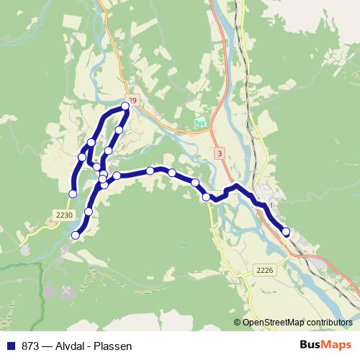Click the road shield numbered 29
pos(132,99)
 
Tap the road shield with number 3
pos(219,153)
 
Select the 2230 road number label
pos(64,214)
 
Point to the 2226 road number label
pos(264,270)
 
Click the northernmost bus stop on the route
pos(125,107)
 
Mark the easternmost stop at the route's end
pos(286,232)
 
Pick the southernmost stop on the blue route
pos(76,235)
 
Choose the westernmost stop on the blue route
pos(72,193)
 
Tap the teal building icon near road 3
pos(199,125)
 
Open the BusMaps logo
pos(325,345)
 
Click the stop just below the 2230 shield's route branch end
pos(89,211)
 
